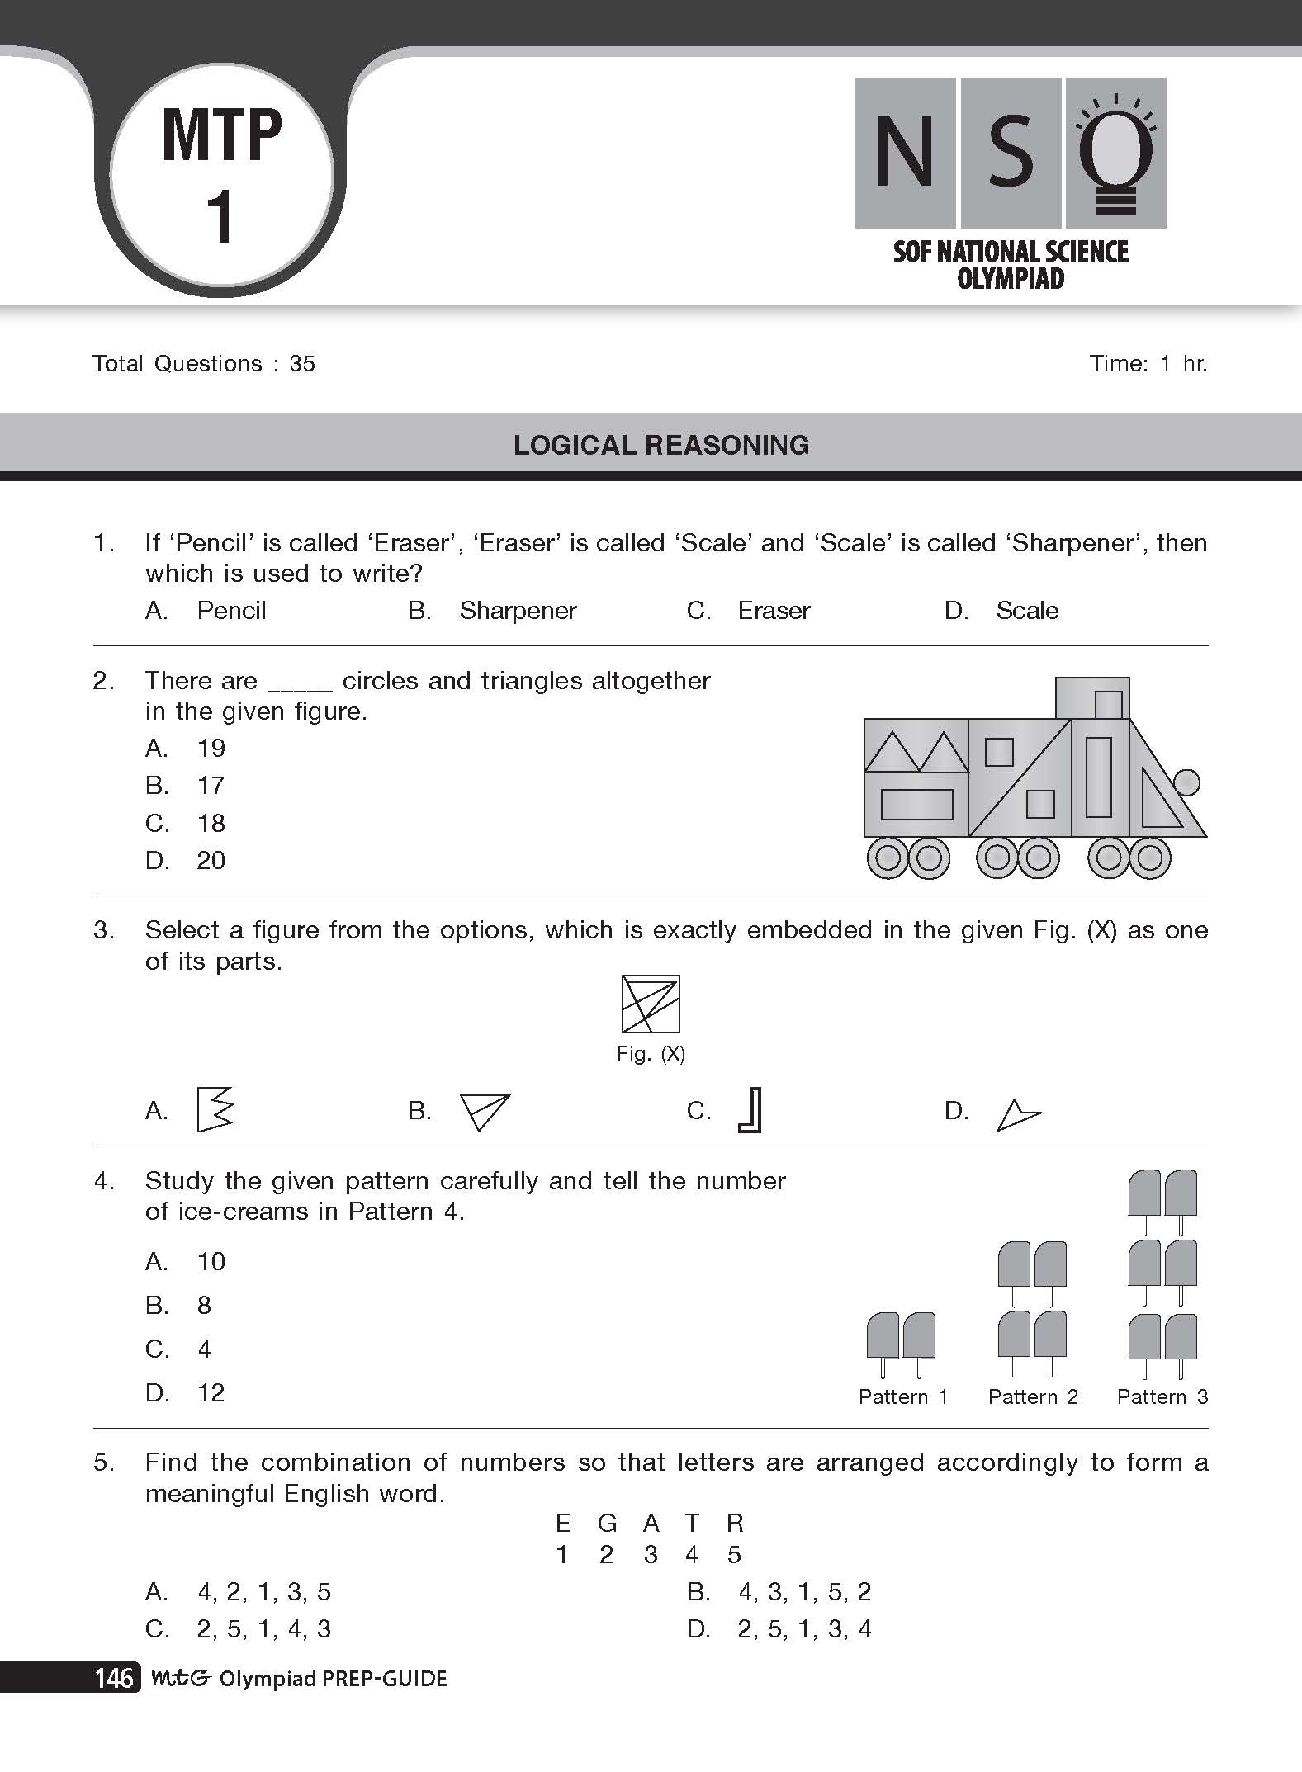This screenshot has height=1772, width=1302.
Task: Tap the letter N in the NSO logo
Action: point(905,152)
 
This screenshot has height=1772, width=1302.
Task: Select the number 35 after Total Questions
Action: point(302,364)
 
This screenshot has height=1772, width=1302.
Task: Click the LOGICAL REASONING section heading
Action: point(661,445)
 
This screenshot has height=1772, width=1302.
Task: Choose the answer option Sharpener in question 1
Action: point(518,611)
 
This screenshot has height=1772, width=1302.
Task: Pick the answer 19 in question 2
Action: point(211,749)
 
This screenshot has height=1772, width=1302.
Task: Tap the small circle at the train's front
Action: point(1186,782)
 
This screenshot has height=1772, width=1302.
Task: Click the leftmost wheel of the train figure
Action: point(888,858)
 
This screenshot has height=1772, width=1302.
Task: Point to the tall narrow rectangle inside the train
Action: point(1098,777)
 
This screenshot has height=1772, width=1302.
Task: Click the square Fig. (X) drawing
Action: point(651,1004)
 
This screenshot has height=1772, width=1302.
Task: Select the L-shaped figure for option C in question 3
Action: point(750,1110)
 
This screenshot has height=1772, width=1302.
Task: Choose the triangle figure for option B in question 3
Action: point(485,1111)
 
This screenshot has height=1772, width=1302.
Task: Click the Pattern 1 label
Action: point(903,1396)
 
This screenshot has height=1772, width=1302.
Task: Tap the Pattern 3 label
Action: point(1162,1396)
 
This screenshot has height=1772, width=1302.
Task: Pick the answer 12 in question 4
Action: point(211,1393)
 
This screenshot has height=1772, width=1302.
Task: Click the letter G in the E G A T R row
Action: point(607,1523)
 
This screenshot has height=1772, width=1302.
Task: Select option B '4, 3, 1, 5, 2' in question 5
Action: point(804,1591)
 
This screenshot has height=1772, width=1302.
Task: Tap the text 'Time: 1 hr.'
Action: point(1148,364)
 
